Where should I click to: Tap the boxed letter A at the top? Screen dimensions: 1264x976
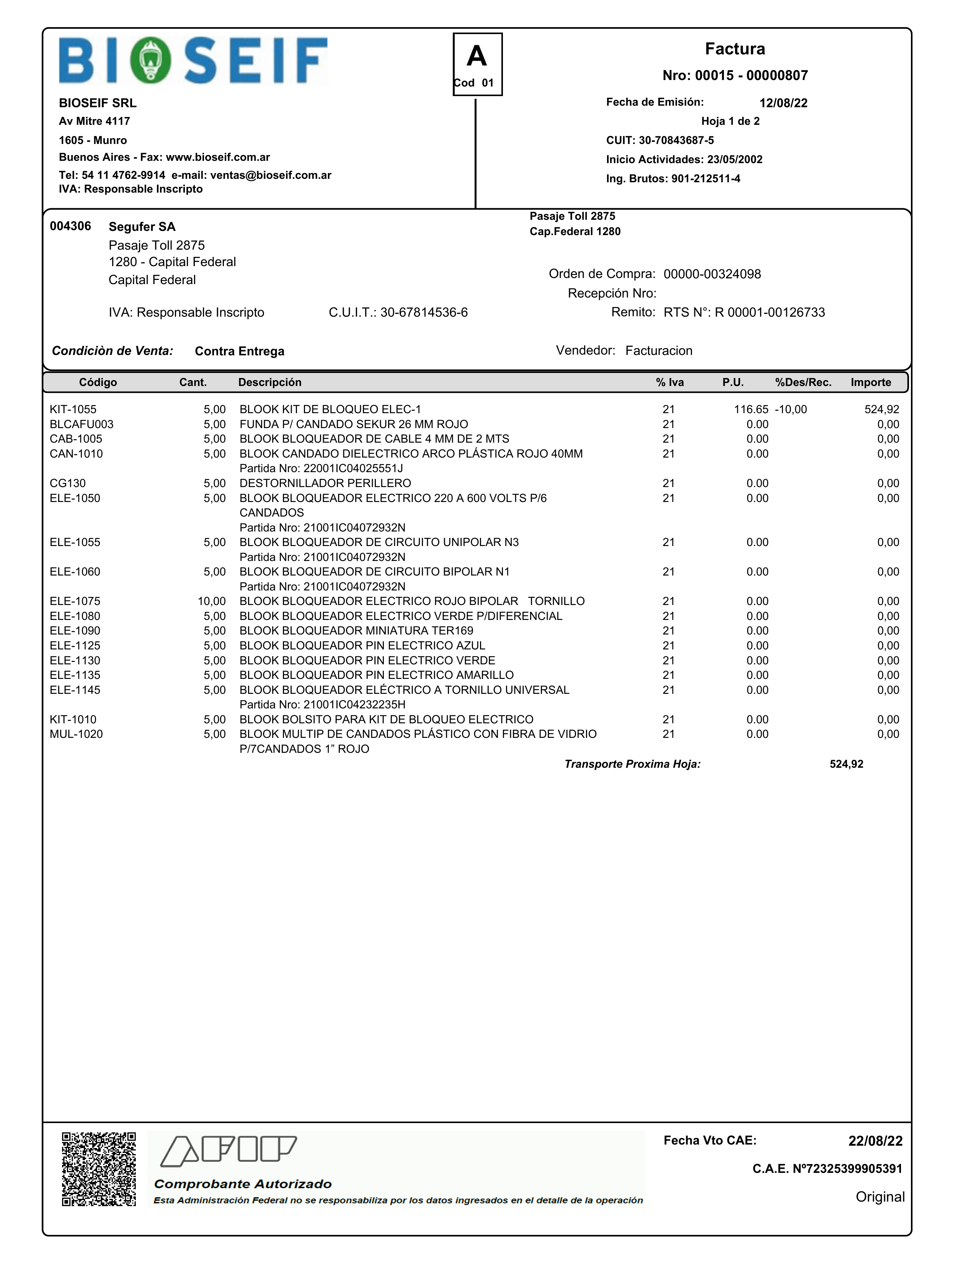coord(477,57)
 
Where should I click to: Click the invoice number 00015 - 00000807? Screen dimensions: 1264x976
coord(735,75)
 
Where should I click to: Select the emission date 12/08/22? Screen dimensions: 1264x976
coord(783,103)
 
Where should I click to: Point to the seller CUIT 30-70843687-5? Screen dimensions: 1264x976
coord(676,140)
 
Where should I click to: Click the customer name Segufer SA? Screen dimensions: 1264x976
coord(142,227)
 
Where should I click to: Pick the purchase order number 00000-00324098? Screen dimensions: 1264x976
coord(712,274)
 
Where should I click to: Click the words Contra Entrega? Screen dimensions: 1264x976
coord(240,351)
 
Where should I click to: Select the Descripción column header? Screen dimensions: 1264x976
coord(269,383)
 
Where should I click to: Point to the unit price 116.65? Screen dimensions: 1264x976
coord(751,410)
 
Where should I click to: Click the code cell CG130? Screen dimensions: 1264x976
coord(68,483)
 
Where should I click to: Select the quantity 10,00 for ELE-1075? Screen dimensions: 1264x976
coord(212,601)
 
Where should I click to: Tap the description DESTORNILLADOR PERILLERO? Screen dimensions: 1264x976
coord(325,483)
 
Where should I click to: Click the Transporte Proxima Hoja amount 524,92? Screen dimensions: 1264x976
coord(846,764)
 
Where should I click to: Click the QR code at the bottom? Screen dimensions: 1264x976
coord(99,1169)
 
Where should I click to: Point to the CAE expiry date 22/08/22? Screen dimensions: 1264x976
coord(875,1141)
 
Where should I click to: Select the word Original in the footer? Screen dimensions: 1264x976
coord(880,1197)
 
